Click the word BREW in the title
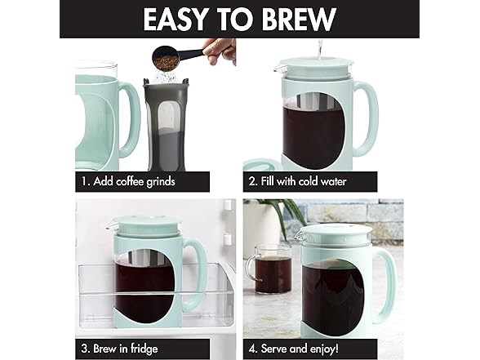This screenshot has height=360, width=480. tap(299, 19)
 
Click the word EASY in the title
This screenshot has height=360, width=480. tap(175, 19)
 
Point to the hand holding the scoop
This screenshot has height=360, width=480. tap(220, 51)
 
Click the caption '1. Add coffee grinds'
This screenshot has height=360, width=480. tap(128, 181)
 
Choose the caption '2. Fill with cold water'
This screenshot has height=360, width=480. tap(297, 181)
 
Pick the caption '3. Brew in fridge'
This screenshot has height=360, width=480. tap(119, 349)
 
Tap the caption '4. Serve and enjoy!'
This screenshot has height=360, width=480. tap(294, 349)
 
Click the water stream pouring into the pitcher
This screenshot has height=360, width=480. tap(320, 50)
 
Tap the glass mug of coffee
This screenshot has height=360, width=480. tap(269, 269)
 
